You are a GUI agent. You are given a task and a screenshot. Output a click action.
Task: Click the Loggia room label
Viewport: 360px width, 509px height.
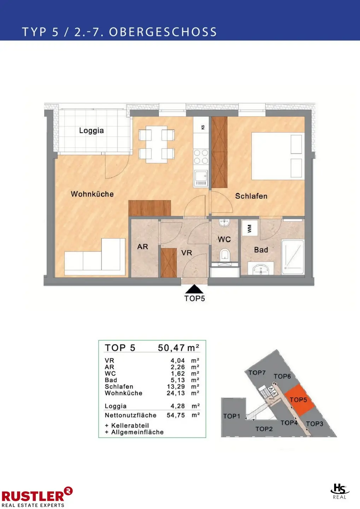click(x=91, y=131)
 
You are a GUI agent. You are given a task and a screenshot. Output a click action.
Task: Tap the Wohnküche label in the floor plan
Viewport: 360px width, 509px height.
click(x=92, y=194)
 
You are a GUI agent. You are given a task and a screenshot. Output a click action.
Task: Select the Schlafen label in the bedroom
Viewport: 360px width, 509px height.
click(x=251, y=196)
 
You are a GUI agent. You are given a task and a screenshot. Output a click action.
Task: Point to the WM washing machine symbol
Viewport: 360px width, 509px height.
click(x=250, y=228)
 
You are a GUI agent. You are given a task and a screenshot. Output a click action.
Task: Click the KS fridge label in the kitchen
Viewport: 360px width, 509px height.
click(x=203, y=127)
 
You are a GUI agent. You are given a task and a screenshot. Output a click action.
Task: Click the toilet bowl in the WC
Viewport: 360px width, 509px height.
click(x=225, y=255)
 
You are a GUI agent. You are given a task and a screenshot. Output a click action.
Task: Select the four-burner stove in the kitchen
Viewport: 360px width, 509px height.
click(x=201, y=157)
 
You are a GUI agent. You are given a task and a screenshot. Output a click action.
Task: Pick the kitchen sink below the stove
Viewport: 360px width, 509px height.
click(x=201, y=179)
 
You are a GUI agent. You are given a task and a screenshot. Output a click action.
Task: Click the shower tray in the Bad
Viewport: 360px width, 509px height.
click(x=293, y=257)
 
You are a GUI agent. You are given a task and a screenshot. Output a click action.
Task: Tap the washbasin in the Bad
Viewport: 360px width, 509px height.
click(x=261, y=269)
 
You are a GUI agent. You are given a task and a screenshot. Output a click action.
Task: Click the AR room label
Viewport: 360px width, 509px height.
click(x=143, y=247)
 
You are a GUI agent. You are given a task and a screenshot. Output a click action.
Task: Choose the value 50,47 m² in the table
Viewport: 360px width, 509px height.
click(x=179, y=348)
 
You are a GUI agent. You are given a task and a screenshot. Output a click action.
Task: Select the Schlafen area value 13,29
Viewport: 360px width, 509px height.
click(x=176, y=387)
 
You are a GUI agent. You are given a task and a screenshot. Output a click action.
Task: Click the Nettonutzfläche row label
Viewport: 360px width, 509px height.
click(x=130, y=415)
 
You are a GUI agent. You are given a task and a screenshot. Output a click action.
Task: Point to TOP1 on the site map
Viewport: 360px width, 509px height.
click(x=232, y=416)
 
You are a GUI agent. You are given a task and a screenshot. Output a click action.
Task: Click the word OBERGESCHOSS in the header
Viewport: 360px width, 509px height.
click(x=163, y=32)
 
